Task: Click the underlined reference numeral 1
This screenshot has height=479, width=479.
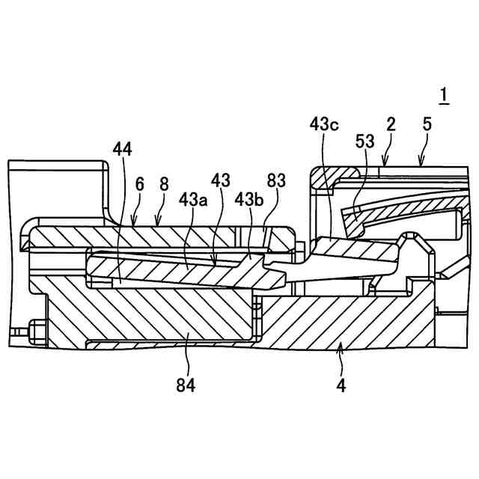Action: (444, 95)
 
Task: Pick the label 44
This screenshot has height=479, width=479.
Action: (121, 150)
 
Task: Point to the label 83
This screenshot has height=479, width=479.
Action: (275, 182)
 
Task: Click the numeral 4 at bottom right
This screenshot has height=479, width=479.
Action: (341, 386)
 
